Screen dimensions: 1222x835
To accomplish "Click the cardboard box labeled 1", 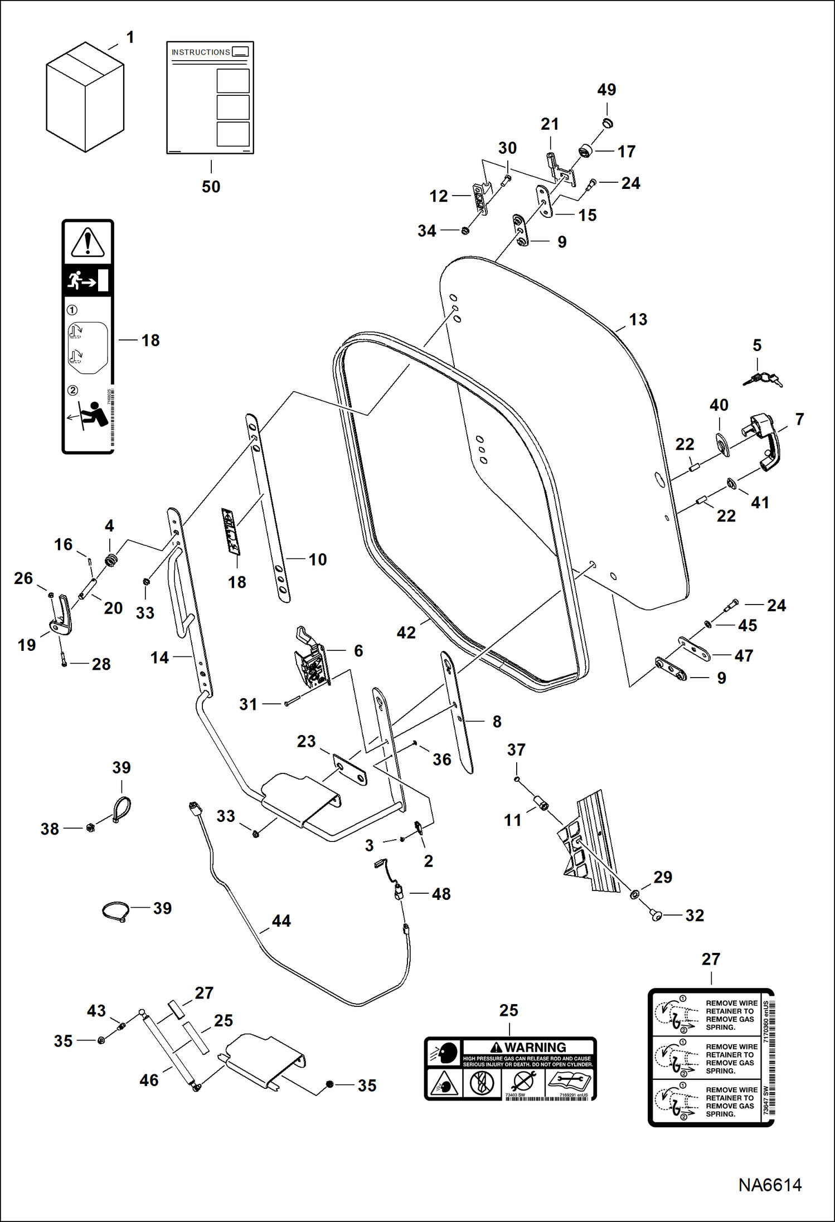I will click(x=85, y=98).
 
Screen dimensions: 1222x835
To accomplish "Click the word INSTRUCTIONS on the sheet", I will click(x=201, y=52).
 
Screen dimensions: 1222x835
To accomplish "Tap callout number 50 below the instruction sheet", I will click(x=211, y=187).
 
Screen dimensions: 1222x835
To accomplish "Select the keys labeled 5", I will click(x=763, y=379).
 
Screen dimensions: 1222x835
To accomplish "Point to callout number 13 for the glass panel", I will click(x=638, y=320).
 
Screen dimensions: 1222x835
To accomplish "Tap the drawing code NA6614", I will click(x=770, y=1185).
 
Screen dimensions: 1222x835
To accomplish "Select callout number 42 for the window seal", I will click(x=406, y=632).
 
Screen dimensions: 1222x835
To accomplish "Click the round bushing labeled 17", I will click(x=585, y=150).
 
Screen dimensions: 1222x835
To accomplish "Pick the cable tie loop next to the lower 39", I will click(x=116, y=912).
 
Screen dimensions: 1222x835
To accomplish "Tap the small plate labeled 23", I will click(x=349, y=770).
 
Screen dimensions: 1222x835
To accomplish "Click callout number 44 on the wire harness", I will click(x=281, y=921).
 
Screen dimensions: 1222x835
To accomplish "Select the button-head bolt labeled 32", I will click(x=657, y=915).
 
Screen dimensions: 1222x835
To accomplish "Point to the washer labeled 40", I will click(x=722, y=444).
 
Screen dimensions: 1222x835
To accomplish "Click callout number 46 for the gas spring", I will click(x=149, y=1080).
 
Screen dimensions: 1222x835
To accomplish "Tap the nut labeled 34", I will click(x=465, y=230).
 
